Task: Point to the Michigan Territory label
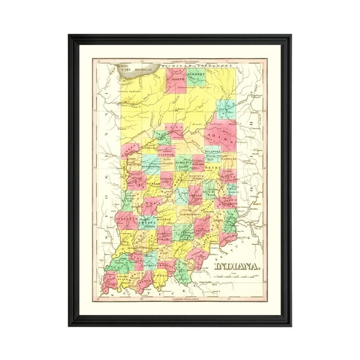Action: tap(197, 65)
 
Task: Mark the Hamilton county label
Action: tap(183, 161)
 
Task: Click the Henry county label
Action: tap(213, 167)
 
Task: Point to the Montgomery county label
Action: tap(151, 168)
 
